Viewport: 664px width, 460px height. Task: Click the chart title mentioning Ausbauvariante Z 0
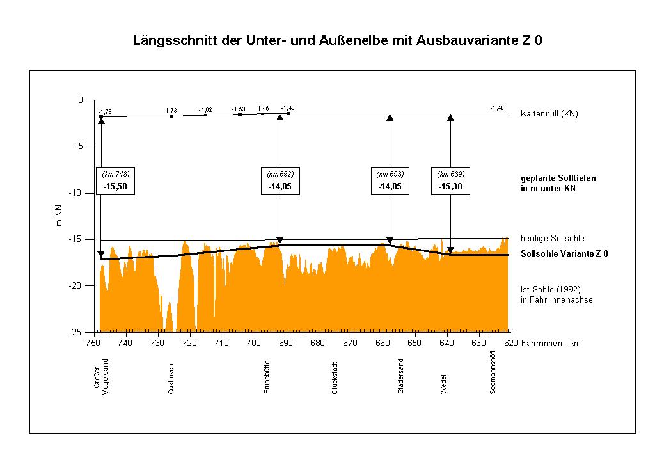tap(338, 41)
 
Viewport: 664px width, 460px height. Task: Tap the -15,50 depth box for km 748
tap(116, 181)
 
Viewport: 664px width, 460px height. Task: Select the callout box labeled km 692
tap(280, 181)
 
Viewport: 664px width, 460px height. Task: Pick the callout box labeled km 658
tap(390, 181)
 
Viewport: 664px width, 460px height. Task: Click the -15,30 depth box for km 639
tap(450, 181)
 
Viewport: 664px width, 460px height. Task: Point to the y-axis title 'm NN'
tap(59, 216)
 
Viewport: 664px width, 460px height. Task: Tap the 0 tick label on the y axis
tap(81, 100)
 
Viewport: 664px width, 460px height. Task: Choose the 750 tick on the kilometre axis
tap(94, 344)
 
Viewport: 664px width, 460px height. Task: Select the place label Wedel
tap(443, 384)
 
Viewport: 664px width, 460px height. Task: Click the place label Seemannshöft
tap(493, 376)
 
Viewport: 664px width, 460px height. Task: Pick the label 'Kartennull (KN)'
tap(549, 114)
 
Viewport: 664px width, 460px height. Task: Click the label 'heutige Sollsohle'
tap(553, 238)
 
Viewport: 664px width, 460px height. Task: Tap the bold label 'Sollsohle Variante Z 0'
tap(564, 253)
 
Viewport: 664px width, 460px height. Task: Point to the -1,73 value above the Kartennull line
tap(170, 111)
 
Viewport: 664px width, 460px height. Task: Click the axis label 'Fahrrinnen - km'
tap(551, 344)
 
